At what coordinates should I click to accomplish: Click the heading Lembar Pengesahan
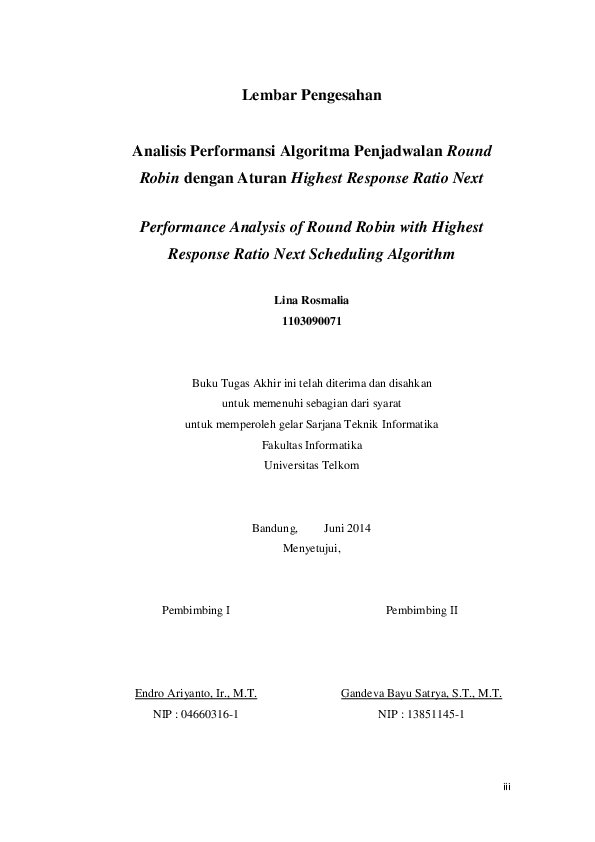tap(312, 96)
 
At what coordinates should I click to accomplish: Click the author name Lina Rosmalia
tap(312, 300)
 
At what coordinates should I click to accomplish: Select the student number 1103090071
tap(312, 321)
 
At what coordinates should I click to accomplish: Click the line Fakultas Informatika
tap(312, 445)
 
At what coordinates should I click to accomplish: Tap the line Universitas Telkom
tap(312, 465)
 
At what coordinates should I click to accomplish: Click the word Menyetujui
tap(312, 548)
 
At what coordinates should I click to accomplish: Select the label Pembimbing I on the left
tap(196, 610)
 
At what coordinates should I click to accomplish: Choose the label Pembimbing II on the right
tap(421, 610)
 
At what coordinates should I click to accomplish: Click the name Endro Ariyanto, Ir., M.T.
tap(196, 693)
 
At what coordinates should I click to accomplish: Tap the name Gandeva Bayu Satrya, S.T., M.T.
tap(421, 693)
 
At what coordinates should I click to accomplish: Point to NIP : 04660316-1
tap(196, 715)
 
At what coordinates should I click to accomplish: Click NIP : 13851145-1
tap(421, 715)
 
